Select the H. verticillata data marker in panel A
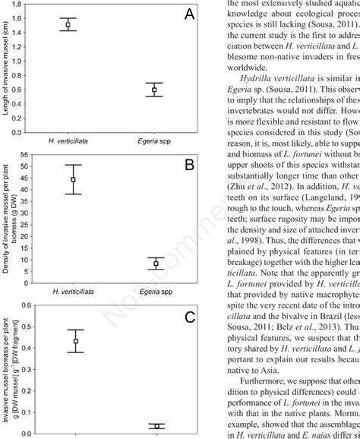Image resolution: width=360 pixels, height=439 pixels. tap(68, 25)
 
